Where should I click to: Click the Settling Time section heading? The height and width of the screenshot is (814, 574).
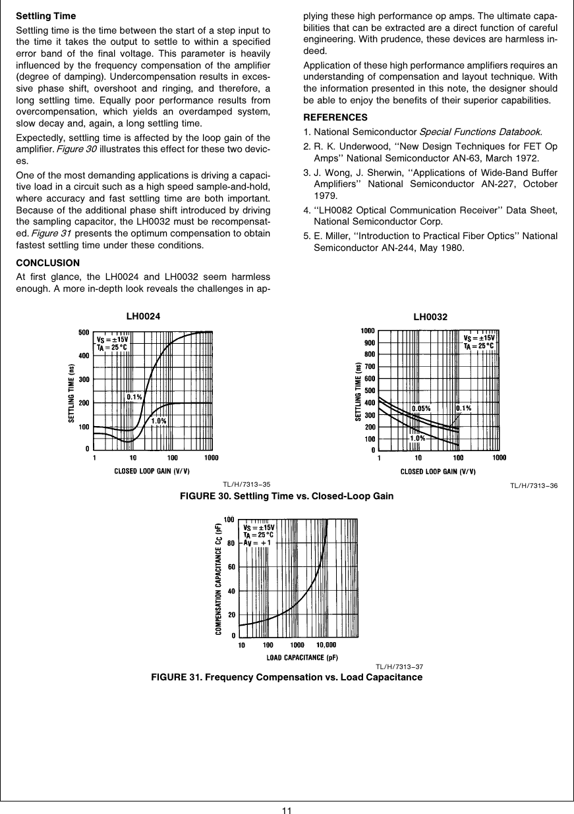click(x=45, y=16)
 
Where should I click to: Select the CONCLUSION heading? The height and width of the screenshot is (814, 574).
click(x=47, y=263)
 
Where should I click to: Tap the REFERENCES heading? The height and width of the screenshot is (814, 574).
click(x=335, y=117)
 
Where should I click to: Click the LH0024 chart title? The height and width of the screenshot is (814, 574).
click(x=143, y=316)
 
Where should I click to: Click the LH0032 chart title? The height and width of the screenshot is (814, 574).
click(x=430, y=317)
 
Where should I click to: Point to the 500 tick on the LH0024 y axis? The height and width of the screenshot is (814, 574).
click(x=84, y=333)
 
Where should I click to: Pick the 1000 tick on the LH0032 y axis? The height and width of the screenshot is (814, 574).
click(x=367, y=331)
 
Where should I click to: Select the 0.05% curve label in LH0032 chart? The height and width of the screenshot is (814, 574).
click(x=421, y=408)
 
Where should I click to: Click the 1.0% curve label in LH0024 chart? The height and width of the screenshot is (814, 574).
click(x=159, y=421)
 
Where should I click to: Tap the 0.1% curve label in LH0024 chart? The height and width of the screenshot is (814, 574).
click(x=134, y=397)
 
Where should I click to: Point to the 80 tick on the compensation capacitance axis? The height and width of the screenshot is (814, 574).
click(x=231, y=543)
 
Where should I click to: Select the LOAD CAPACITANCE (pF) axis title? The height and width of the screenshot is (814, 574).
click(x=302, y=657)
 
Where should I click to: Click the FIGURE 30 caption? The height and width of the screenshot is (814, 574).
click(x=287, y=496)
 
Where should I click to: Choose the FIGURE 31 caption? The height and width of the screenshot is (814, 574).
click(x=287, y=677)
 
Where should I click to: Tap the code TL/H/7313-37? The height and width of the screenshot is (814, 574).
click(x=399, y=666)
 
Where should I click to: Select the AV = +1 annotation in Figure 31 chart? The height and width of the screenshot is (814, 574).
click(x=258, y=543)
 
